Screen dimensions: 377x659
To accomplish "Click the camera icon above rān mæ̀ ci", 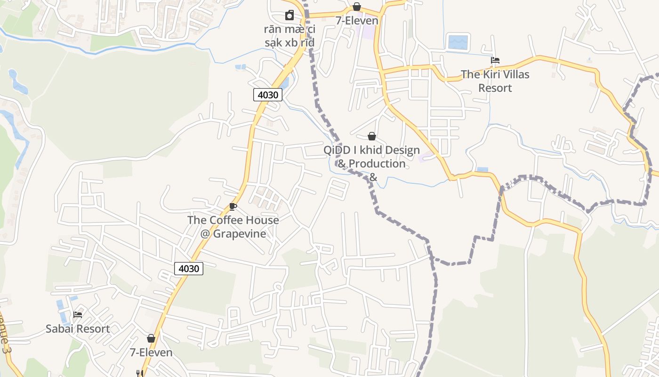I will pyautogui.click(x=289, y=16).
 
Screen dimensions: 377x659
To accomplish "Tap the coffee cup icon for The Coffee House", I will pyautogui.click(x=233, y=206).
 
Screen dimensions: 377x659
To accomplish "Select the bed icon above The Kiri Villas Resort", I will pyautogui.click(x=495, y=60).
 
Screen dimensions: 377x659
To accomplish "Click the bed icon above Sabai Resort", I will pyautogui.click(x=78, y=314).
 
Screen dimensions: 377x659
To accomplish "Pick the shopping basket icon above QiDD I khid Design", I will pyautogui.click(x=372, y=136).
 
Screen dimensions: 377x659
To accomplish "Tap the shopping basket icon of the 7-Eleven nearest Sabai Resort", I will pyautogui.click(x=151, y=338).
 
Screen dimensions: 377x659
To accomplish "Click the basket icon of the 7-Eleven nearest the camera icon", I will pyautogui.click(x=357, y=7).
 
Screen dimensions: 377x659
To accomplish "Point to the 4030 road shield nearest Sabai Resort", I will pyautogui.click(x=189, y=269).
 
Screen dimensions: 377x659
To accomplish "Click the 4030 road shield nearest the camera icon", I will pyautogui.click(x=268, y=95).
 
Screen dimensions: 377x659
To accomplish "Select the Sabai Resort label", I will pyautogui.click(x=78, y=328).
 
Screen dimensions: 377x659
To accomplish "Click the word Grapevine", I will pyautogui.click(x=240, y=234).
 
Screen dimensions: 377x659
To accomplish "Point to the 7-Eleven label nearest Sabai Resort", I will pyautogui.click(x=151, y=352).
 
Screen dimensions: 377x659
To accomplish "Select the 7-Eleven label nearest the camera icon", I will pyautogui.click(x=357, y=21).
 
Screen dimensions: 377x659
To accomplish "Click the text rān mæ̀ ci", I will pyautogui.click(x=289, y=30).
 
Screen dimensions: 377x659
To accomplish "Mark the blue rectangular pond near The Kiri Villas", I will pyautogui.click(x=458, y=42).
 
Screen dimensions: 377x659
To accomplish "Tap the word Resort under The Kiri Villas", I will pyautogui.click(x=495, y=88).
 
